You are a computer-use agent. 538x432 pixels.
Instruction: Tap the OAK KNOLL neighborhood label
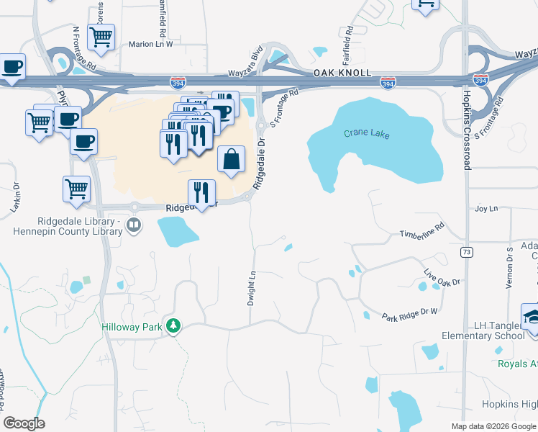(x=342, y=73)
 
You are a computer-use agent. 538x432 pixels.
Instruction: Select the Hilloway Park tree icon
(x=173, y=327)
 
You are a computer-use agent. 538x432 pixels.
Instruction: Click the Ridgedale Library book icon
(x=134, y=226)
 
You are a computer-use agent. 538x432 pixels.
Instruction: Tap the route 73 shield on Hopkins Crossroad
(x=467, y=252)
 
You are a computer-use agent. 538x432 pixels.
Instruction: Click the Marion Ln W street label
(x=151, y=44)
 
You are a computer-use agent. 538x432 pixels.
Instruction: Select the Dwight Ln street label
(x=252, y=288)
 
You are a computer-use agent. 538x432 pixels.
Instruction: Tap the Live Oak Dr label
(x=442, y=277)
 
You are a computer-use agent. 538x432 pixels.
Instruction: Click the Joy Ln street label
(x=486, y=209)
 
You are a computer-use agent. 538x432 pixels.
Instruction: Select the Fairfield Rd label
(x=348, y=42)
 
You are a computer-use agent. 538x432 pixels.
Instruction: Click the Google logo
(x=24, y=423)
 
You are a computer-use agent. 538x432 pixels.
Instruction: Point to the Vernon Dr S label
(x=509, y=268)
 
